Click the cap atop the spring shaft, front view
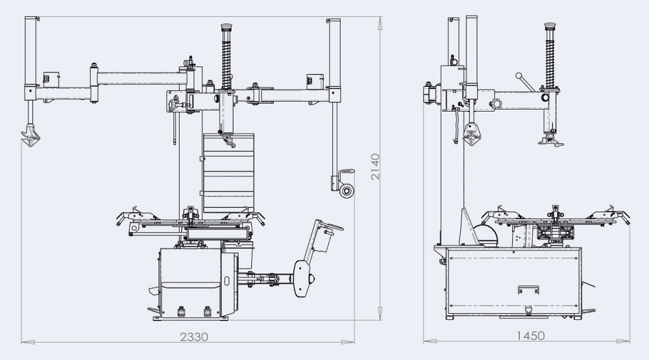(x=227, y=28)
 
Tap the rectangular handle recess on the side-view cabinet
(x=528, y=289)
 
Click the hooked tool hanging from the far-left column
(x=31, y=135)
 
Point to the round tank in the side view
(x=485, y=234)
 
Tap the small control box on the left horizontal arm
(x=48, y=78)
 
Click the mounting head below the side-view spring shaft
(x=553, y=138)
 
